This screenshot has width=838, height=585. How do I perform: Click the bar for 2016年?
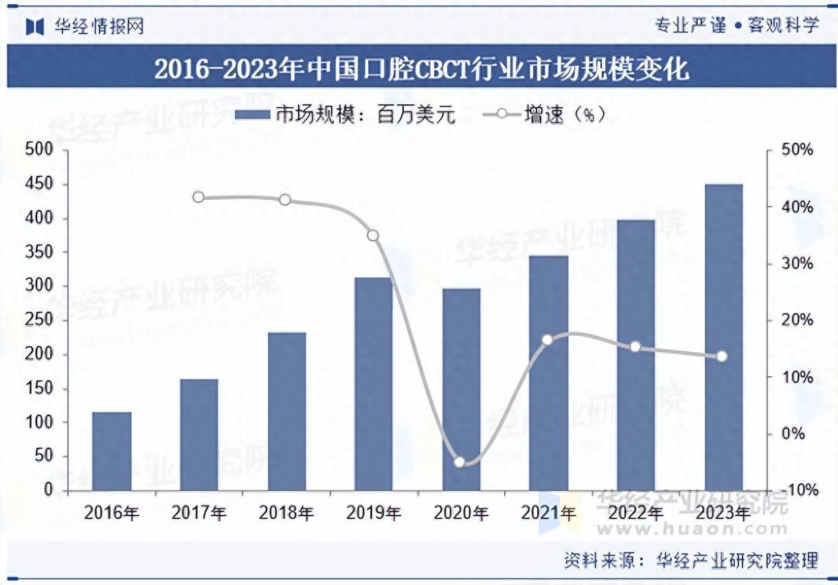pyautogui.click(x=111, y=451)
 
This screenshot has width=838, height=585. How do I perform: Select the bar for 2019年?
pyautogui.click(x=373, y=384)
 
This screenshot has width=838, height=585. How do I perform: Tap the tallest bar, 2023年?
pyautogui.click(x=724, y=337)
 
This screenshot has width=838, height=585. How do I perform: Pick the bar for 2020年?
pyautogui.click(x=461, y=389)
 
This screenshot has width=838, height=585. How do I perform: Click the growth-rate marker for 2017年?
pyautogui.click(x=199, y=197)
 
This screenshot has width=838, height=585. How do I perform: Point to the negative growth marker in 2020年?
pyautogui.click(x=460, y=462)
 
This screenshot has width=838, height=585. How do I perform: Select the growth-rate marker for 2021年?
pyautogui.click(x=547, y=340)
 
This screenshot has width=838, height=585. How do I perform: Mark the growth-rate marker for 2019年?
pyautogui.click(x=373, y=236)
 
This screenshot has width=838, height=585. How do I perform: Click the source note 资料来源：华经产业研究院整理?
pyautogui.click(x=691, y=560)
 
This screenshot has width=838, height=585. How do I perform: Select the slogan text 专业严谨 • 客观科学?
pyautogui.click(x=736, y=26)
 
